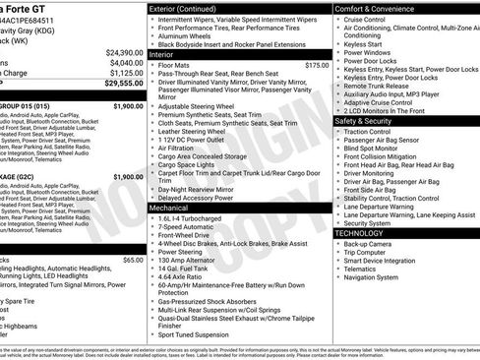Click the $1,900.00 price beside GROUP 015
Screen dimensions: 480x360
point(128,104)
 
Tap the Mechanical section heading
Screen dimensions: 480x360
point(170,209)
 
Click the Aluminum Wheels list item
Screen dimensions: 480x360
point(190,35)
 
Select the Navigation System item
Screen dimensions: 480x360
point(378,277)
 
